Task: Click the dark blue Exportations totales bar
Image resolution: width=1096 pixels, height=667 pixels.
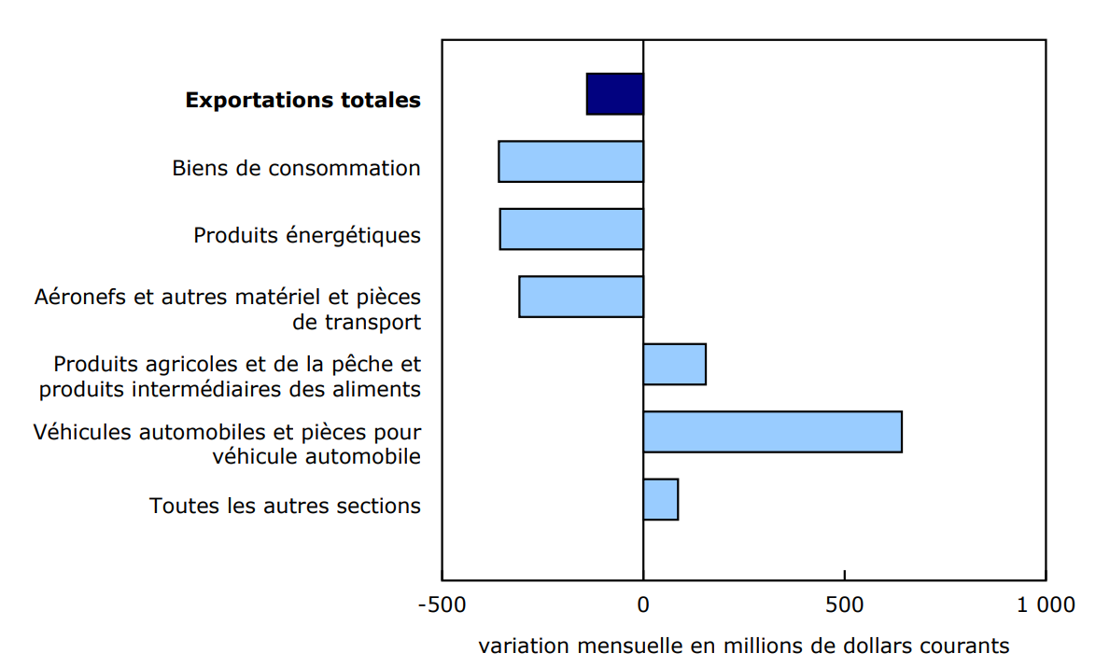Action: click(615, 94)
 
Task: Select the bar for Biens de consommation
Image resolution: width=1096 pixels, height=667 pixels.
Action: click(571, 161)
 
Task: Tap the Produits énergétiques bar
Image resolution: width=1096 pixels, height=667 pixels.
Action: click(571, 229)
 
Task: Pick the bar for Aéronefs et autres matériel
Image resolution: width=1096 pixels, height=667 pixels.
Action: click(582, 297)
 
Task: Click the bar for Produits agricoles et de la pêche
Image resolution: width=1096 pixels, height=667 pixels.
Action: click(674, 364)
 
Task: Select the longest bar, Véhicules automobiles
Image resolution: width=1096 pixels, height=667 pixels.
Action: click(772, 432)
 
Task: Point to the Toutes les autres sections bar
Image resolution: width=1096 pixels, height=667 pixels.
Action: click(660, 499)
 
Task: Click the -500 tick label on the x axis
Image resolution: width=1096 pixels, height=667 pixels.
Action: click(442, 604)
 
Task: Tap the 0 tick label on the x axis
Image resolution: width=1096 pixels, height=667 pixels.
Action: click(643, 604)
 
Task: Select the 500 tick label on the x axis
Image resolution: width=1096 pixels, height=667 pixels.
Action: click(844, 604)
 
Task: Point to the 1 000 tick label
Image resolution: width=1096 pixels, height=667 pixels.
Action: click(1046, 604)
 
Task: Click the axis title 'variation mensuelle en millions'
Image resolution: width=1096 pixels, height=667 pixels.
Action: click(744, 646)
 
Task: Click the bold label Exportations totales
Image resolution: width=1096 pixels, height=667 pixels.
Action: click(302, 100)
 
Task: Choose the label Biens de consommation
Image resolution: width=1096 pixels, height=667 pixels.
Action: click(296, 168)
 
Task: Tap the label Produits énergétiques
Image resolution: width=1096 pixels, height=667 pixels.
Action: click(307, 235)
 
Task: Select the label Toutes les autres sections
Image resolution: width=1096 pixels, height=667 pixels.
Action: click(285, 506)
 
